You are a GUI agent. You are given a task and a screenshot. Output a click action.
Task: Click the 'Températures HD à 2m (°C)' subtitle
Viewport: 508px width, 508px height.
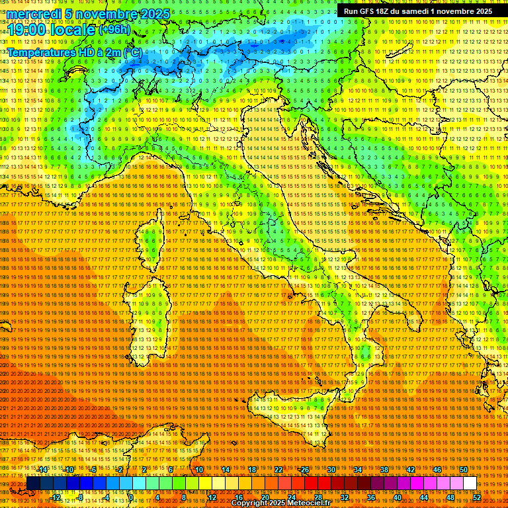point(74,52)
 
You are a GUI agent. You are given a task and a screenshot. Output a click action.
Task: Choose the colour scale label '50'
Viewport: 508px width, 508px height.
point(464,470)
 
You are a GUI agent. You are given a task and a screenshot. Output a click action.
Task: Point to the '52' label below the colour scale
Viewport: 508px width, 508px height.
point(477,497)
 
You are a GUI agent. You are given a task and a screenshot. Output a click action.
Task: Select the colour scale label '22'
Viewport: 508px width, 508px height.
point(278,470)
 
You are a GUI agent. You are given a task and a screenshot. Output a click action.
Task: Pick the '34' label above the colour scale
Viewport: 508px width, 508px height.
point(358,470)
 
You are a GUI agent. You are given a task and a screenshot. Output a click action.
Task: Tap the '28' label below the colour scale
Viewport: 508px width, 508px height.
point(318,497)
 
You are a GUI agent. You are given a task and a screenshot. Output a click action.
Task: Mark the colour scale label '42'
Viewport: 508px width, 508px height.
point(411,470)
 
